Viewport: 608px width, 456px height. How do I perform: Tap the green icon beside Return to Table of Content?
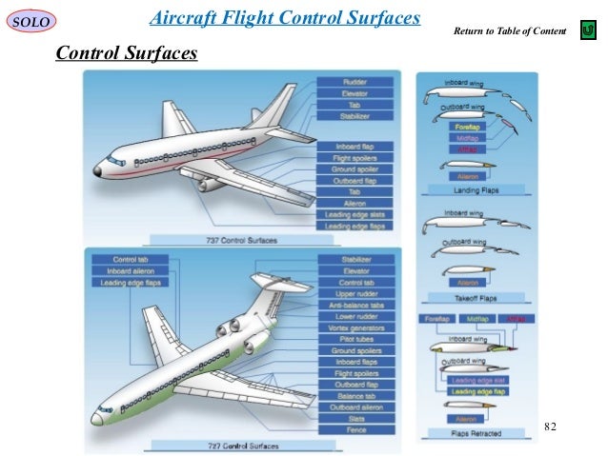(588, 32)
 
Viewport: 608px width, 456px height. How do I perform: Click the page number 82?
(551, 424)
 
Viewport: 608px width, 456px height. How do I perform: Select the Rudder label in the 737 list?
(356, 83)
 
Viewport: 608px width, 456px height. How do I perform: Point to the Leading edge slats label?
(356, 215)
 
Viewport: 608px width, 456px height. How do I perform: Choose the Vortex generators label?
(355, 327)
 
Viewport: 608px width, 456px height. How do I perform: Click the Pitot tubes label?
(355, 339)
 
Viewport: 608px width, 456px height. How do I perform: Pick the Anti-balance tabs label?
(355, 305)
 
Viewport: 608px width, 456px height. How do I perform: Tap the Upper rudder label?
(355, 293)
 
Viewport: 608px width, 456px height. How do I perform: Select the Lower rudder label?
(355, 316)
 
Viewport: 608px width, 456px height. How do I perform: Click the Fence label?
(355, 430)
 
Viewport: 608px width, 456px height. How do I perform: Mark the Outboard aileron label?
(355, 407)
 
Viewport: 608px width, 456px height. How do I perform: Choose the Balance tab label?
(355, 396)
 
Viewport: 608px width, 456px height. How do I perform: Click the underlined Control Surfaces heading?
(127, 52)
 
